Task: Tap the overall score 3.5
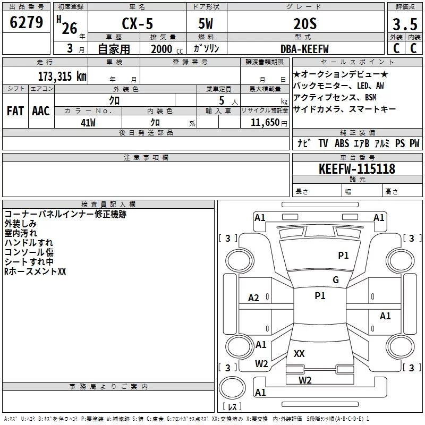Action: (x=404, y=24)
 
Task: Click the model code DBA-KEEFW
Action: (x=304, y=49)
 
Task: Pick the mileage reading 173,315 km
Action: (x=62, y=75)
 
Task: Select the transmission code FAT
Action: (x=15, y=110)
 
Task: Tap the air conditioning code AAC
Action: (x=41, y=110)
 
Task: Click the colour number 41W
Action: (x=88, y=122)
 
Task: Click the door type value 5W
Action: (x=207, y=24)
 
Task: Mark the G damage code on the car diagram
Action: (x=336, y=280)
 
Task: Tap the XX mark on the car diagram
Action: (x=299, y=353)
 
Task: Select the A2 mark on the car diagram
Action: (x=254, y=298)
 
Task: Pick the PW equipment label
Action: (x=414, y=143)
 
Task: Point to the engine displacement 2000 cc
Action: (x=163, y=49)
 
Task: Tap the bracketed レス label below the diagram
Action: (x=232, y=406)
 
